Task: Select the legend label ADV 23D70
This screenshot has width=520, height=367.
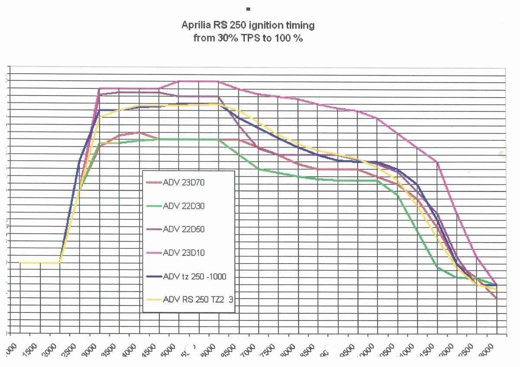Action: (x=183, y=183)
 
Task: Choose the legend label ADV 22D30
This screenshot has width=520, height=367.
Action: (x=183, y=206)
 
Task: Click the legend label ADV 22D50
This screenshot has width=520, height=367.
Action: (x=183, y=229)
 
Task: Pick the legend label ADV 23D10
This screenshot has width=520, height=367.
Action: (x=183, y=253)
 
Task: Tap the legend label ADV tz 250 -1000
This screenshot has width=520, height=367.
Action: (x=195, y=277)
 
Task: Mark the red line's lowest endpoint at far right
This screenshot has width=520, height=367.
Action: (x=496, y=299)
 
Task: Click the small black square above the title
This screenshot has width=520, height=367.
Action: (x=248, y=9)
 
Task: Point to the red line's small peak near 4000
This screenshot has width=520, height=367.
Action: (x=138, y=132)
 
